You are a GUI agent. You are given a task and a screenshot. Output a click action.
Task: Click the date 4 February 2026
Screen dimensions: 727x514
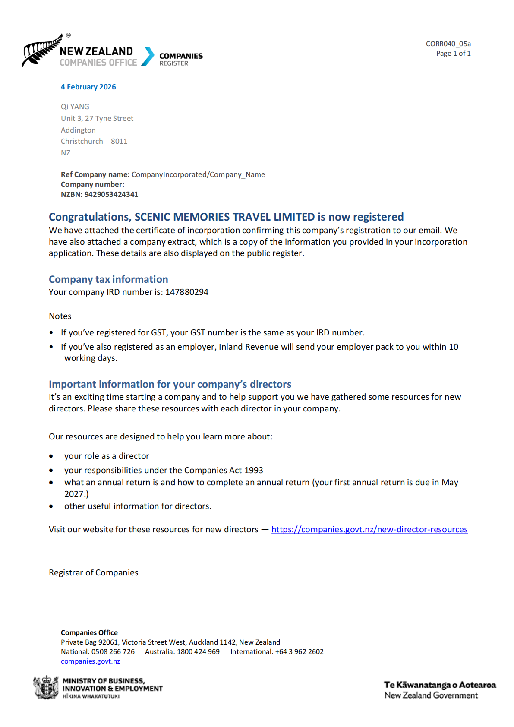click(88, 87)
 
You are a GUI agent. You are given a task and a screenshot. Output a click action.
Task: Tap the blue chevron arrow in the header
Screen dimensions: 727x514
click(148, 56)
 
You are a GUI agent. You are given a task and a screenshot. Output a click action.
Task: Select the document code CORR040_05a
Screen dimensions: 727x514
click(448, 44)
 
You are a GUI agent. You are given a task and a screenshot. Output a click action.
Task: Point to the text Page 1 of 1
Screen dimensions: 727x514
click(453, 53)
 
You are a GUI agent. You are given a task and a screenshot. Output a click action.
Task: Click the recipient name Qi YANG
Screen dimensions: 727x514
click(75, 107)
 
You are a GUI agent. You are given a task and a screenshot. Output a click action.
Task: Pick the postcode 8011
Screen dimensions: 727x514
click(119, 141)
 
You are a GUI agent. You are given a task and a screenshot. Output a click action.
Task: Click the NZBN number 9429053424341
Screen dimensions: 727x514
click(111, 194)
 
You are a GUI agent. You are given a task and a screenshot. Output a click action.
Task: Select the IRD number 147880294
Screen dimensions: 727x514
click(186, 292)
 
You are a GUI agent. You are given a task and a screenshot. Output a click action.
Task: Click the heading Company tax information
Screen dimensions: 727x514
click(108, 279)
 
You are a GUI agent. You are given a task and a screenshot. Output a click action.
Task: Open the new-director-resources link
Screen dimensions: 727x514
click(369, 529)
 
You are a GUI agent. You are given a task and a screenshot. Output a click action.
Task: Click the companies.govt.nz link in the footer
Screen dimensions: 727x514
click(90, 661)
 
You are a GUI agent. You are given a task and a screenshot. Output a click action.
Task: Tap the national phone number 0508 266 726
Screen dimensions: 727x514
click(113, 651)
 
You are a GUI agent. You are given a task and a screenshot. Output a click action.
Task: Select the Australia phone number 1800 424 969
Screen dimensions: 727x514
click(198, 651)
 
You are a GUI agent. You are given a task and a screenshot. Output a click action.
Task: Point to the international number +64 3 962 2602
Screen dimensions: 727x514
click(299, 651)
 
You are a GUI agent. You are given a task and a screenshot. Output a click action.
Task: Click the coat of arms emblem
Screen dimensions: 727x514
click(46, 687)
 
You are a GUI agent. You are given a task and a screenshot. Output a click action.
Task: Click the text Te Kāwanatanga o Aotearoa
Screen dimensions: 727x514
click(440, 685)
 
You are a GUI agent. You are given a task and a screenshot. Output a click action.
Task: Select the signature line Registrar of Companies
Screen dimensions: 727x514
click(94, 572)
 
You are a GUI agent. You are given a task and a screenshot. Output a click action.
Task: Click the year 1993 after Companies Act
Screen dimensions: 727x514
click(254, 470)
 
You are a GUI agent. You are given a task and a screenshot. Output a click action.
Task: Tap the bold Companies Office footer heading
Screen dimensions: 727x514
click(89, 632)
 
